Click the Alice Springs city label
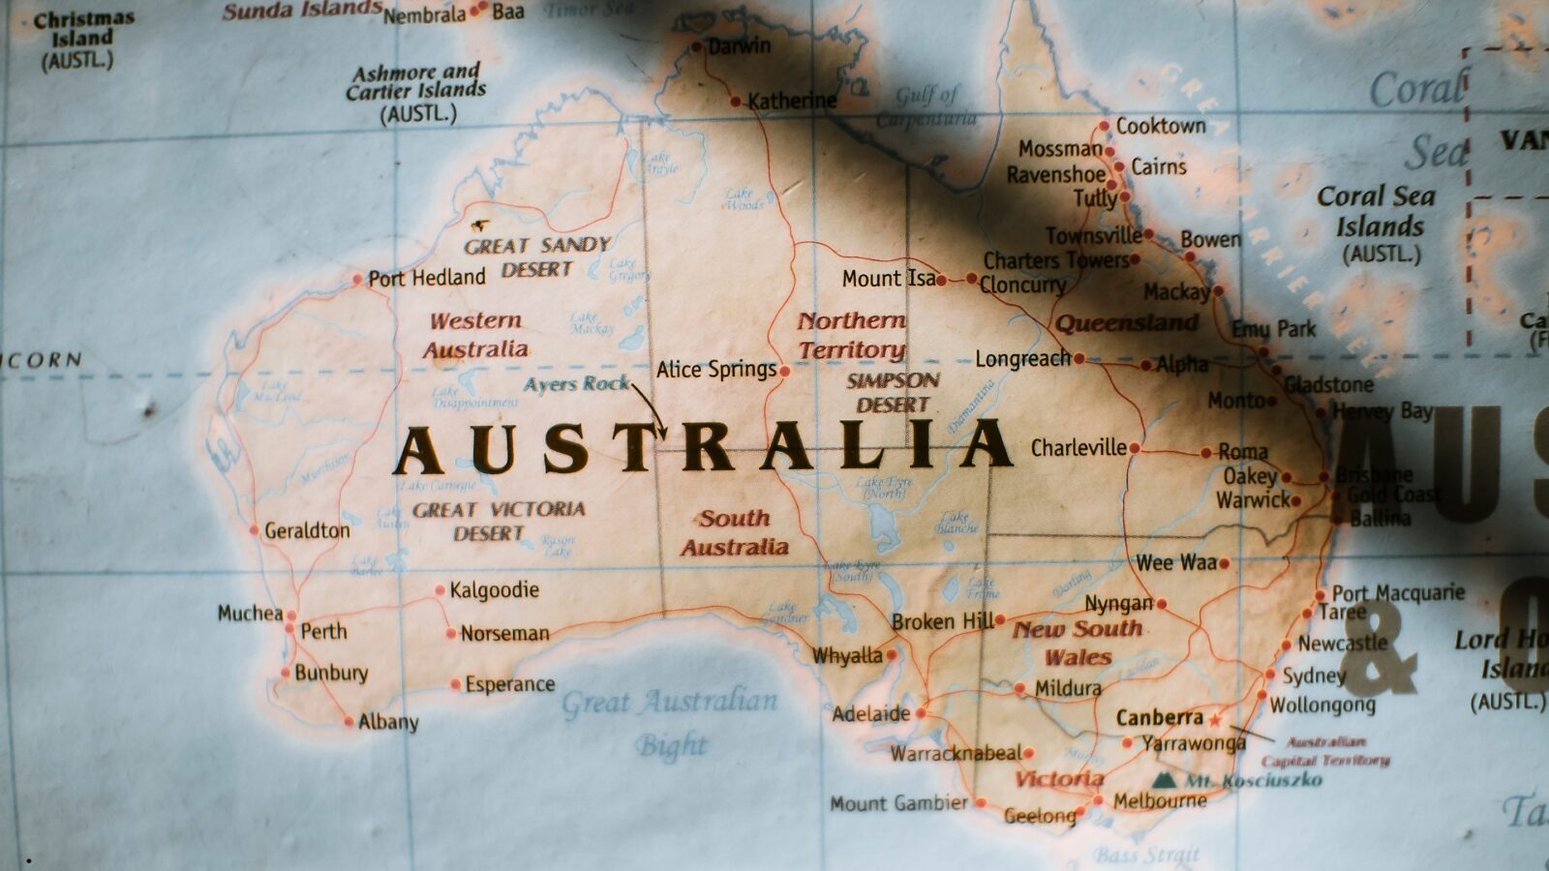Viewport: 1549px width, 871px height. pos(715,370)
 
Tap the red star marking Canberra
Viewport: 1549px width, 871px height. pos(1215,720)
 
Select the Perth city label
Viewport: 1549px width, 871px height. pos(323,631)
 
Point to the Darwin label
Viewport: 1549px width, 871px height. pos(739,45)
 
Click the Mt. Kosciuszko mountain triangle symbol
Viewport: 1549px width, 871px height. pos(1166,780)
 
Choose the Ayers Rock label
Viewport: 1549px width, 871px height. pos(576,384)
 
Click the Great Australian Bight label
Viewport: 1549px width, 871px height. pos(670,721)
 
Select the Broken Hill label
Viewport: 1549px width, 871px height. pos(942,621)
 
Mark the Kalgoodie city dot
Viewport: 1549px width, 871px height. pos(440,589)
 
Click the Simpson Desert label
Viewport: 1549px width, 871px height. pos(893,392)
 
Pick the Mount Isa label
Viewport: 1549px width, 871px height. pos(889,279)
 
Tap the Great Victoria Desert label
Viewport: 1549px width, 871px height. pos(498,521)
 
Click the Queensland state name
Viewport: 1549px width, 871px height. pos(1126,322)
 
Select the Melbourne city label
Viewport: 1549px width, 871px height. pos(1160,801)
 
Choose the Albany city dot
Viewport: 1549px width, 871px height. pos(349,722)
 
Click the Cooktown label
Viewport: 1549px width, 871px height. pos(1161,126)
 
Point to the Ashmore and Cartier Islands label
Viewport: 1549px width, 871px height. pos(417,92)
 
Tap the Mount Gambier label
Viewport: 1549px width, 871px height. pos(898,803)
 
